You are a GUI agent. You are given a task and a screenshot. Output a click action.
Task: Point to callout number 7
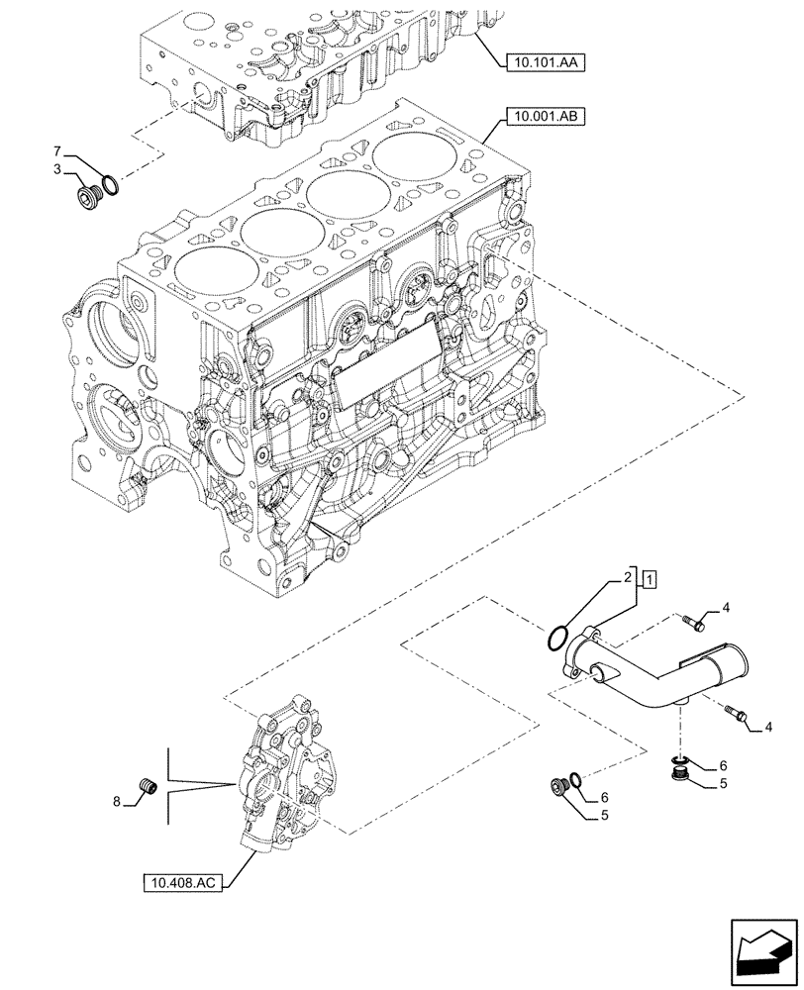[x=58, y=150]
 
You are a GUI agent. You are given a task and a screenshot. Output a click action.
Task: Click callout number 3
[x=58, y=169]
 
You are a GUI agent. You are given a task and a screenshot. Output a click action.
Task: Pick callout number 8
[x=117, y=802]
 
